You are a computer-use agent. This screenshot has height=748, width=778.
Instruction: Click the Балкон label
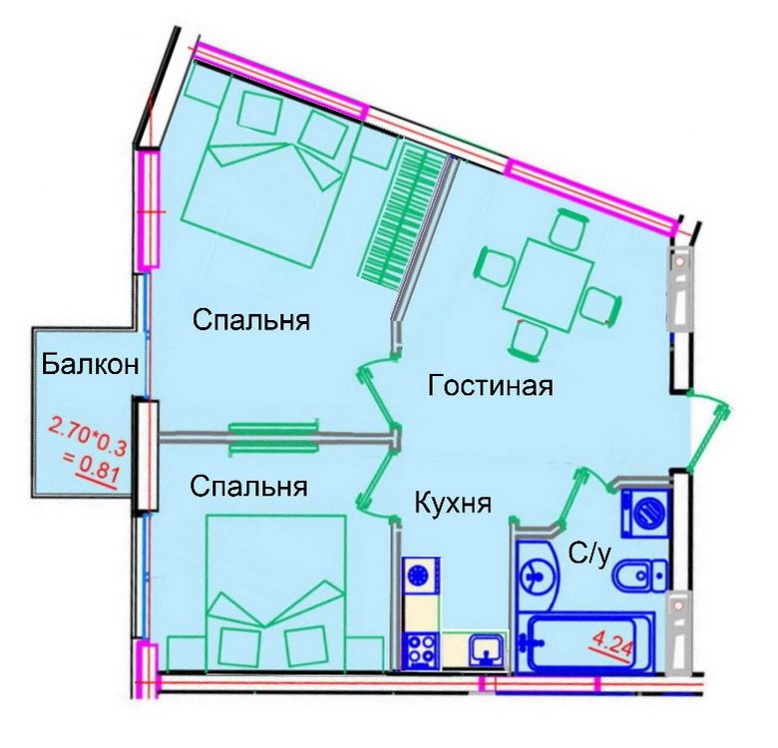(x=90, y=365)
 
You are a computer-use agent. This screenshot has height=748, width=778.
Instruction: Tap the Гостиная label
(x=490, y=385)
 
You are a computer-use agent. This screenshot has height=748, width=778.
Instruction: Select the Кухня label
(x=453, y=503)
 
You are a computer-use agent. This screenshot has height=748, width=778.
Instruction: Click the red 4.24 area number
(x=611, y=646)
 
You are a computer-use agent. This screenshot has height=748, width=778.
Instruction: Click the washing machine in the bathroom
(x=645, y=513)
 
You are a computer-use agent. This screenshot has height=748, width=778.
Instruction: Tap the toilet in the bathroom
(x=640, y=575)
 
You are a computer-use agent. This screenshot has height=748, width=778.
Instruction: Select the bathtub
(x=585, y=643)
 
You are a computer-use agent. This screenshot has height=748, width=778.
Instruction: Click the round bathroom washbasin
(x=537, y=576)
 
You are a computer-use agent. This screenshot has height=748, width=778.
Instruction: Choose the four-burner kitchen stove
(x=421, y=650)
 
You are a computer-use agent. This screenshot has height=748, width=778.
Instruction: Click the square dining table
(x=549, y=280)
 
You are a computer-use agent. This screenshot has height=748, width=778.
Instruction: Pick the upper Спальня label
(x=251, y=320)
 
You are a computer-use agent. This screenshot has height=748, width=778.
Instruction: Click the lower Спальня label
(x=248, y=487)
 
